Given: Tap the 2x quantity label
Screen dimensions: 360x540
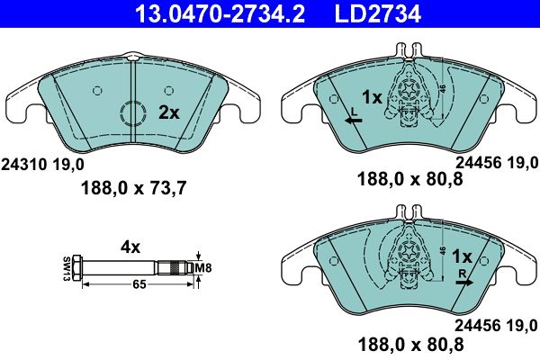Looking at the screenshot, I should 168,112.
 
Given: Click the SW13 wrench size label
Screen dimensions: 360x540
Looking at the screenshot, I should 67,267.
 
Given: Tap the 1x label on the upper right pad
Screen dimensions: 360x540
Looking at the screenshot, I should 372,96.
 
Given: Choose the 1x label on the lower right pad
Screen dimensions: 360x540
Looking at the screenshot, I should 463,256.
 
